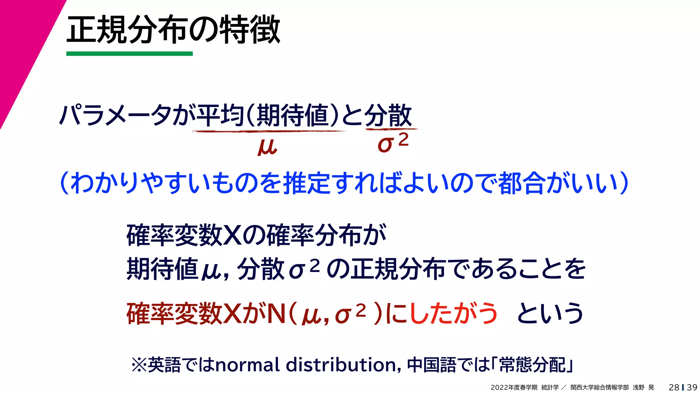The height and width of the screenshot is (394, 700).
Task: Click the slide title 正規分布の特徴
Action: pos(173,30)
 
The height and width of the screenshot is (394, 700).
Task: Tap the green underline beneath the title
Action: pos(129,54)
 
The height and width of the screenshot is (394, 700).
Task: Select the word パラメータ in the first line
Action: pos(116,115)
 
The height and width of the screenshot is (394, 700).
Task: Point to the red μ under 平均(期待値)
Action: pos(267,146)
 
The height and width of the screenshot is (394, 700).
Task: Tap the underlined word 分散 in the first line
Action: pos(388,115)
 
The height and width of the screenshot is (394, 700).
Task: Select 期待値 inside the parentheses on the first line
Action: pos(293,115)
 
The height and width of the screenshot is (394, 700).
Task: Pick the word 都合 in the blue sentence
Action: pos(522,183)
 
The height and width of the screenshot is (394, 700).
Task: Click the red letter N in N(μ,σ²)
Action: pos(277,314)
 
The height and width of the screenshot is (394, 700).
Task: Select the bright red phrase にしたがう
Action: pos(441,313)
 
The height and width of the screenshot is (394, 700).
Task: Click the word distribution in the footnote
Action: pos(341,365)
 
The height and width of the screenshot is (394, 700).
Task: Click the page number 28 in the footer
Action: pos(674,387)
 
